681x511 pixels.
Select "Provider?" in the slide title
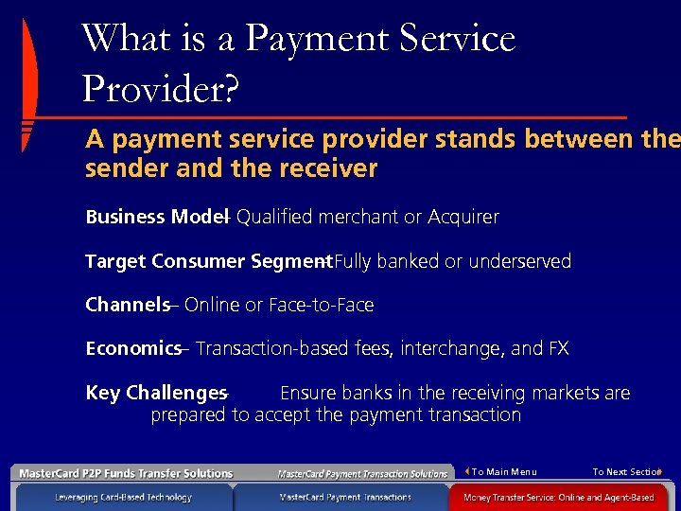point(161,89)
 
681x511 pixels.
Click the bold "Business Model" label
point(152,217)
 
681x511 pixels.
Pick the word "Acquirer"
point(463,217)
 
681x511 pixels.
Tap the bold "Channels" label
point(127,305)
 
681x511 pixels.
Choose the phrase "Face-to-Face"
point(322,305)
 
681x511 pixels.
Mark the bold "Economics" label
point(132,348)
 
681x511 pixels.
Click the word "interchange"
point(452,348)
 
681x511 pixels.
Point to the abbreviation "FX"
point(558,348)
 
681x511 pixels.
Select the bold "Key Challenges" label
point(156,393)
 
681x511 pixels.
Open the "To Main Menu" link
point(503,472)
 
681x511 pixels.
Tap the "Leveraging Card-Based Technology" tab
point(123,497)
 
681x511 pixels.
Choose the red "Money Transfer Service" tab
point(558,497)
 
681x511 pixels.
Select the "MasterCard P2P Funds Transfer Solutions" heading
point(126,473)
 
